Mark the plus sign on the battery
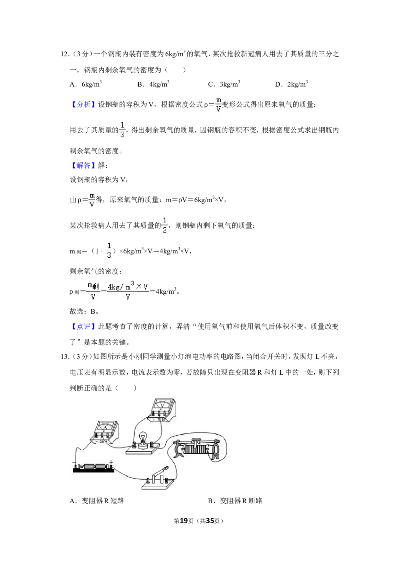(x=111, y=462)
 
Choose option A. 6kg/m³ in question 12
(x=86, y=84)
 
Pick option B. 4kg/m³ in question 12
(x=153, y=84)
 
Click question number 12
(x=65, y=54)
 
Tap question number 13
(x=65, y=357)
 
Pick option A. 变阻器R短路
(x=97, y=501)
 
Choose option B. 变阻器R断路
(x=235, y=501)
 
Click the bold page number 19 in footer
(x=184, y=521)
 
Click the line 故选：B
(x=84, y=311)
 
